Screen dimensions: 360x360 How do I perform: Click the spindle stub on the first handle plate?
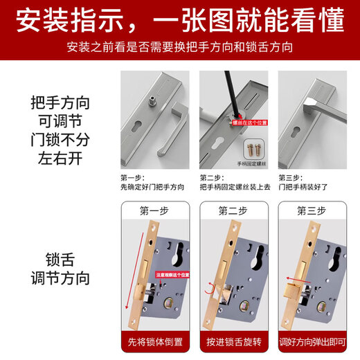click(x=152, y=100)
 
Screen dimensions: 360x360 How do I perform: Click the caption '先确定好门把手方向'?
click(x=153, y=187)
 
